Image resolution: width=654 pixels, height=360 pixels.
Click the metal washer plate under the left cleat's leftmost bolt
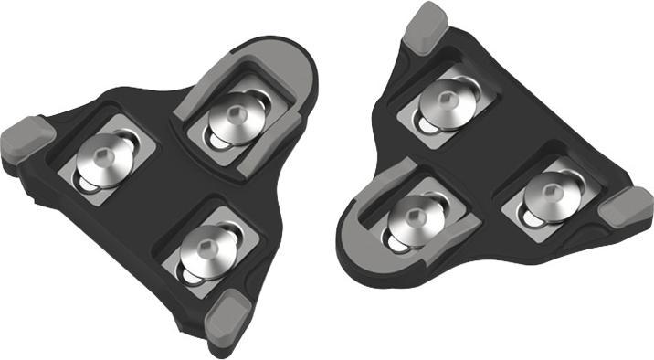point(114,169)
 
